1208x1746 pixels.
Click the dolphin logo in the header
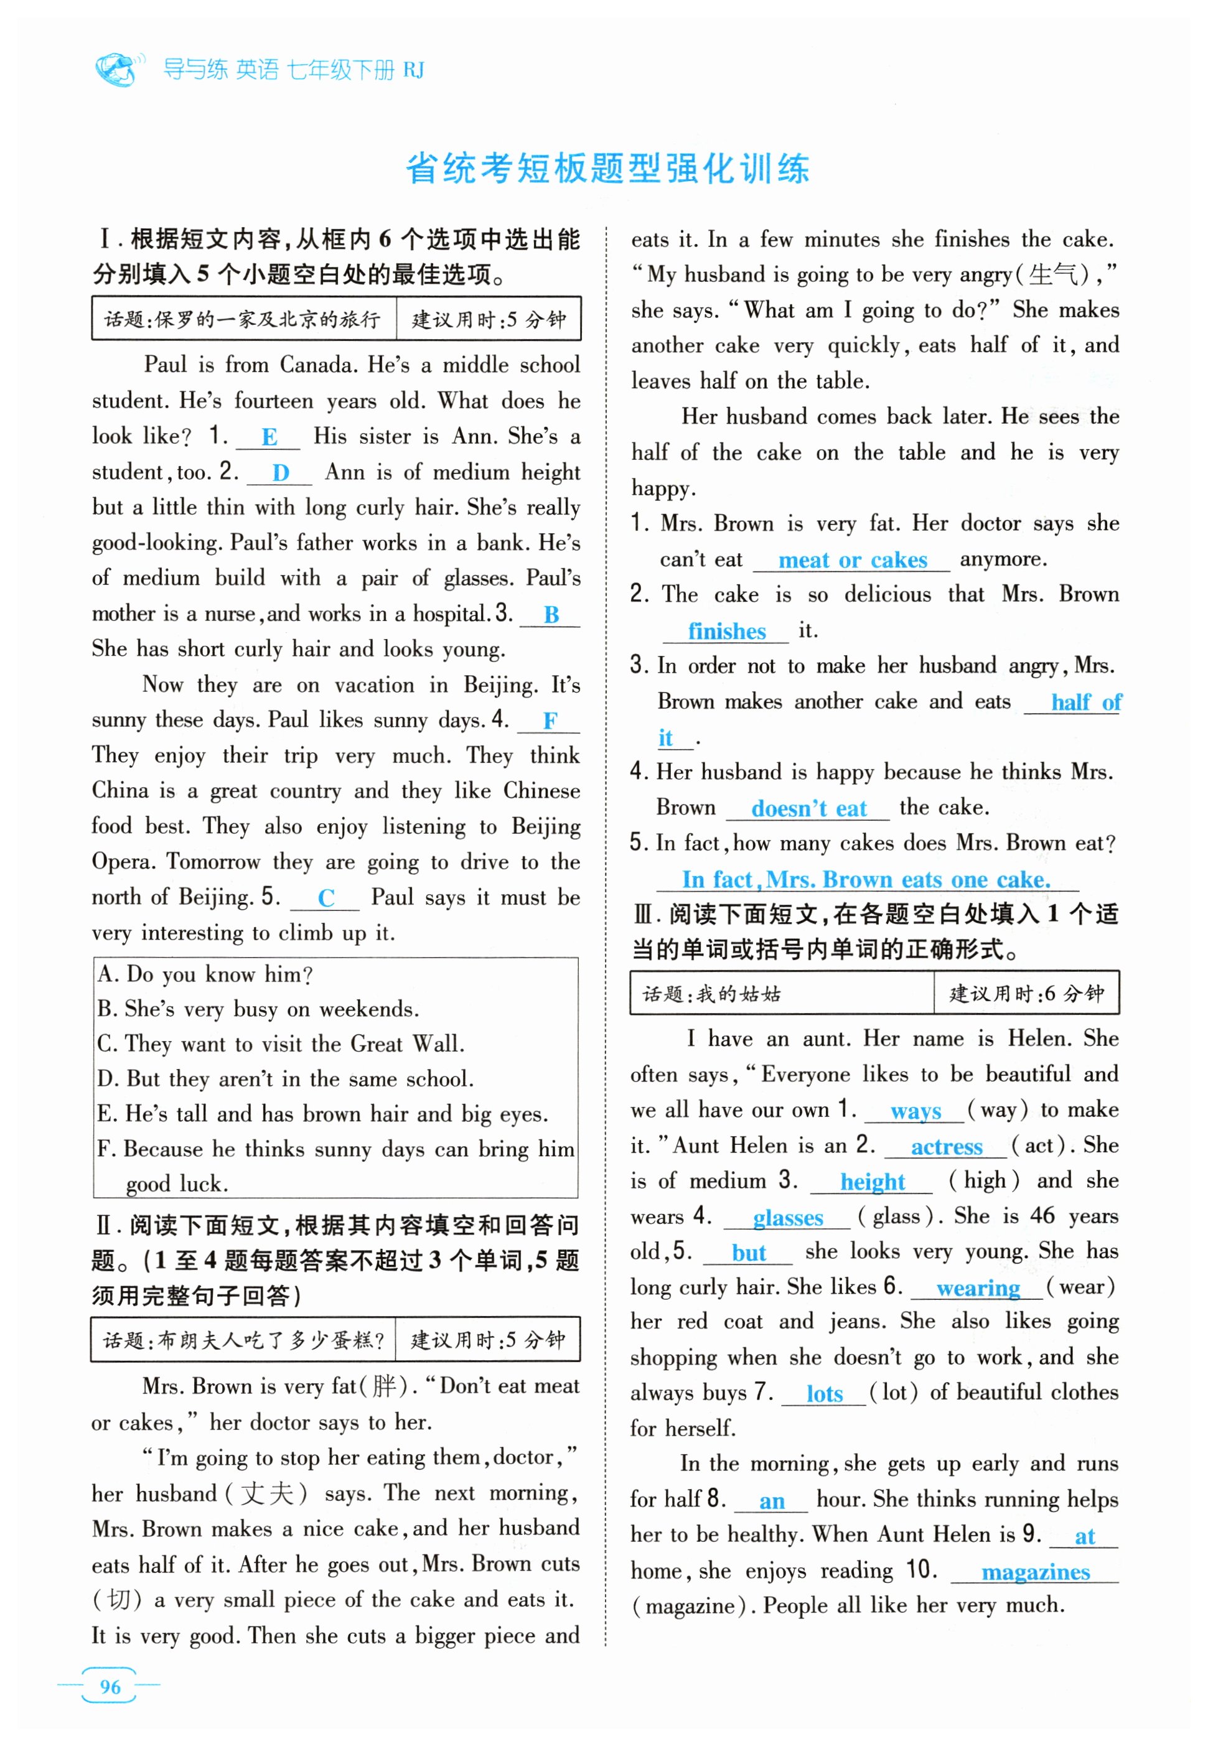point(118,69)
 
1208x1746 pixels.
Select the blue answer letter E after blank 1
point(269,437)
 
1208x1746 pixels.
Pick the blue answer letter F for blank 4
point(550,721)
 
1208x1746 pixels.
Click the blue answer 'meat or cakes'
point(852,561)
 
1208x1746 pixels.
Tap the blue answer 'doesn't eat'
point(808,809)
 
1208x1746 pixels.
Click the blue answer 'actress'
point(946,1147)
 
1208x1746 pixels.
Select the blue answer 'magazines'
point(1036,1572)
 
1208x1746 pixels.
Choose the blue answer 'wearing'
point(978,1288)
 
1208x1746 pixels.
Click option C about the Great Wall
point(281,1044)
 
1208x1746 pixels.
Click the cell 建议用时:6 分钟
point(1026,994)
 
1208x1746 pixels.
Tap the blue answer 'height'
point(872,1182)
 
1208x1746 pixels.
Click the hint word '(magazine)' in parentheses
point(693,1606)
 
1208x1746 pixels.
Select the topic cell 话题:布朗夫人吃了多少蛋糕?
point(244,1340)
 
